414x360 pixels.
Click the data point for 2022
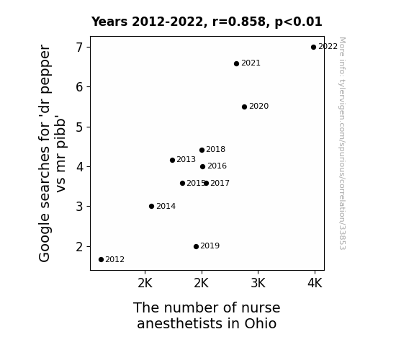pyautogui.click(x=313, y=48)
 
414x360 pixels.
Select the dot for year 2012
pyautogui.click(x=101, y=260)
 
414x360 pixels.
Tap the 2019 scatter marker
pyautogui.click(x=196, y=246)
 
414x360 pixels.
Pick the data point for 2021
pyautogui.click(x=236, y=63)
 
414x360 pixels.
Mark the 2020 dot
pyautogui.click(x=244, y=107)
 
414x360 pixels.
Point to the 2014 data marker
pyautogui.click(x=151, y=207)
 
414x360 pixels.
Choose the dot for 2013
pyautogui.click(x=172, y=160)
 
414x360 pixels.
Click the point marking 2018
pyautogui.click(x=202, y=150)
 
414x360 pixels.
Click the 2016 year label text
pyautogui.click(x=217, y=166)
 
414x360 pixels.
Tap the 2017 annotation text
pyautogui.click(x=220, y=183)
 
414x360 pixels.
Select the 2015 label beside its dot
pyautogui.click(x=196, y=183)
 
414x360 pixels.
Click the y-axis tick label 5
pyautogui.click(x=79, y=127)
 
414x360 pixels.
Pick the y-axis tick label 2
pyautogui.click(x=79, y=247)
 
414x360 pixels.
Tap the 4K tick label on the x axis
pyautogui.click(x=315, y=283)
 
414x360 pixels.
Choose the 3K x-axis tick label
pyautogui.click(x=258, y=283)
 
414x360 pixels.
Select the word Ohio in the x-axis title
pyautogui.click(x=261, y=323)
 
